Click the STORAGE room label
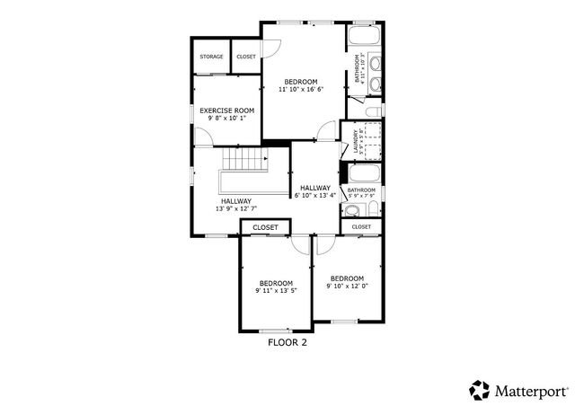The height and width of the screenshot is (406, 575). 211,57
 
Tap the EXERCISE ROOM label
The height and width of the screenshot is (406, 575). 226,110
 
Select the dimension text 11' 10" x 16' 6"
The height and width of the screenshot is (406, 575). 300,89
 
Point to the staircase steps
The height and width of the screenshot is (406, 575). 244,162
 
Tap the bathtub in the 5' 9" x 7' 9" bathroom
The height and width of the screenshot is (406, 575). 363,172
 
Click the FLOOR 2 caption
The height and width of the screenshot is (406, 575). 287,342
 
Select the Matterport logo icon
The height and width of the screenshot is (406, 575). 479,390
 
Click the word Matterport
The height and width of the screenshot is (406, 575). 530,390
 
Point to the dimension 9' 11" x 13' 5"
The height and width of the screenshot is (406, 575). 276,290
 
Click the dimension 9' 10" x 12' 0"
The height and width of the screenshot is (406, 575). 347,286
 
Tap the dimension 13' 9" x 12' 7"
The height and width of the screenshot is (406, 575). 235,208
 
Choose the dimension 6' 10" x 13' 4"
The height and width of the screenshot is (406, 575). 314,195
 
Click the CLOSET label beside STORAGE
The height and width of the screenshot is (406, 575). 245,57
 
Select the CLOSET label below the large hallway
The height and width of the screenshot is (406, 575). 265,227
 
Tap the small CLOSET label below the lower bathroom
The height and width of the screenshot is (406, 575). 361,227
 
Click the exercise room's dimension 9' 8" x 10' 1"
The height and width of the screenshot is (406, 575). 226,118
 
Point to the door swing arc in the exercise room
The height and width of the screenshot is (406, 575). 204,137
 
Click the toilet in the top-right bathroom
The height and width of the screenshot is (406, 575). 373,110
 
